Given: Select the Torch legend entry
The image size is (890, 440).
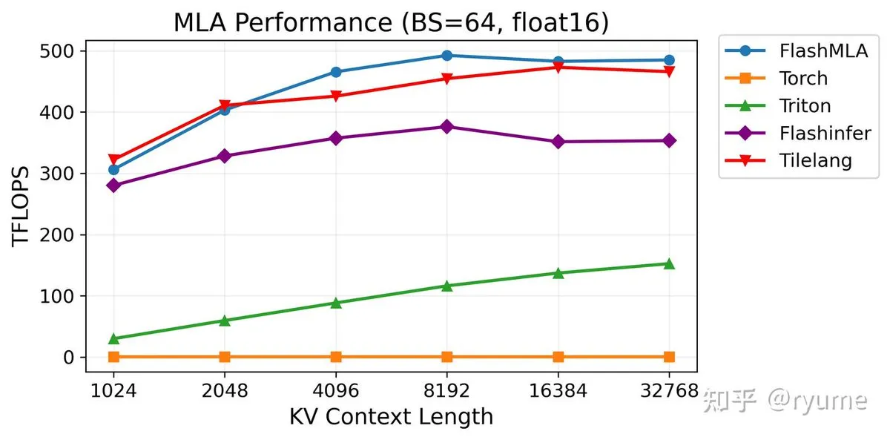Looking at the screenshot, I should tap(803, 79).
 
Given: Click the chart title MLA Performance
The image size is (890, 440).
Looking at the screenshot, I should tap(391, 23).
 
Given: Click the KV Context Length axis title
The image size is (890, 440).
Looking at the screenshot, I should tap(391, 417).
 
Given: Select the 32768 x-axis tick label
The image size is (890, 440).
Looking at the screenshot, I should tap(669, 390).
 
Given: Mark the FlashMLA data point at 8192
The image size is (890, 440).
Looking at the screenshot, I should tap(446, 56).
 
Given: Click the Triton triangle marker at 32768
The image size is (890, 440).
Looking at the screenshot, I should tap(669, 263).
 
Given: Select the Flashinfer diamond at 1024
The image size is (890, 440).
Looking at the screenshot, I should tap(113, 185).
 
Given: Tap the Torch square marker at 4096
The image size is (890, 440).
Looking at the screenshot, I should tap(336, 357).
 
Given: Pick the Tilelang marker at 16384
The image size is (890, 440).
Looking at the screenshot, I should tap(558, 68).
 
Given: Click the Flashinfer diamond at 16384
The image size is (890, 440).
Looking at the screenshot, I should tap(558, 142).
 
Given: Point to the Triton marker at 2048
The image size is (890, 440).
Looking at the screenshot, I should tap(225, 321).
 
